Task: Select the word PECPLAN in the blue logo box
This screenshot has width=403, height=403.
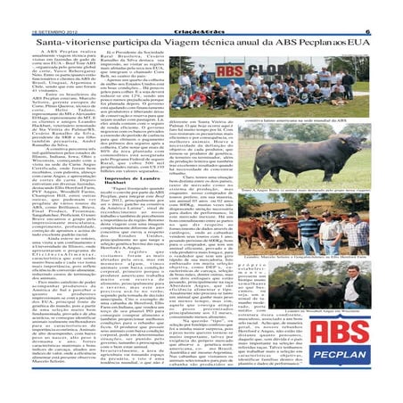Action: [357, 373]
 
